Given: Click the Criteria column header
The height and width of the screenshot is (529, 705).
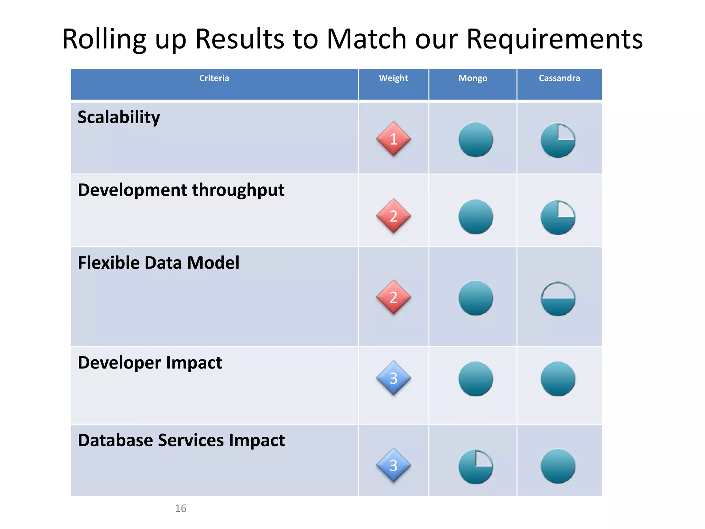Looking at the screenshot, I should tap(214, 78).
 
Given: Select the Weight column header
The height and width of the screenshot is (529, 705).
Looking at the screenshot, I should tap(393, 78).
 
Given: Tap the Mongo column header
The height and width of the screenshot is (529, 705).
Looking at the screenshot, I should tap(473, 78).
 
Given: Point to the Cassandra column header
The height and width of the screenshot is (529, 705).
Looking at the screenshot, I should tap(559, 78).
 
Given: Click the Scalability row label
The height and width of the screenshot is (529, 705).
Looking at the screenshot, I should tap(119, 117).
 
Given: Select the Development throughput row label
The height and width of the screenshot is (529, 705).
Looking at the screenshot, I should tap(181, 190).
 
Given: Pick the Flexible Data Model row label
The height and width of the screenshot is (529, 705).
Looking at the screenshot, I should tap(158, 263).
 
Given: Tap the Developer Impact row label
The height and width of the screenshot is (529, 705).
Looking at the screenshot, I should tap(150, 363).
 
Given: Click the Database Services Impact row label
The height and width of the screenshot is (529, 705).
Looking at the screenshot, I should tap(181, 440).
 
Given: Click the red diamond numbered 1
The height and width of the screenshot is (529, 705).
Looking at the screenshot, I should tap(393, 139).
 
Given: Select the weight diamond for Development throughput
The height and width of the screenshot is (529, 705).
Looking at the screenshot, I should tap(393, 216).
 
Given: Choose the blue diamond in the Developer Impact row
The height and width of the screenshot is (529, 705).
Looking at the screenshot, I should tap(393, 378).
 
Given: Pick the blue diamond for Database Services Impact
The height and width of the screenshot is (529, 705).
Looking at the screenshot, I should tap(393, 465).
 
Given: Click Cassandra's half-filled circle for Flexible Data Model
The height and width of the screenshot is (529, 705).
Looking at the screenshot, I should tap(558, 299).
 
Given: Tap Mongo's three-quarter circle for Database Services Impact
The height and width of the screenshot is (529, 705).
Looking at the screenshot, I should tap(476, 467).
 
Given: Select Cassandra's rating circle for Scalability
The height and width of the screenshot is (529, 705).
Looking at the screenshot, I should tap(558, 140).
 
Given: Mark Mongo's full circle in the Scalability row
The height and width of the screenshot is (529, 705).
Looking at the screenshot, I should tap(476, 139).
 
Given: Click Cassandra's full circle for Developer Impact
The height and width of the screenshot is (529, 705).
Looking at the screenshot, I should tap(558, 379).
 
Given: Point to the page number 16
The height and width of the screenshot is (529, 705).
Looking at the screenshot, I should tap(180, 508).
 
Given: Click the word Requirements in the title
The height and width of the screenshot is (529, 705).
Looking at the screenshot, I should tap(554, 39).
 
